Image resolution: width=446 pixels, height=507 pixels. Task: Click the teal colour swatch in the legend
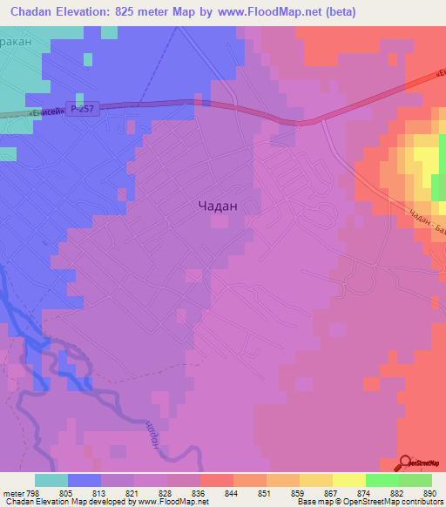pos(51,480)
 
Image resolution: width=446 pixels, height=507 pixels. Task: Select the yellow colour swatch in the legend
pos(348,480)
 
